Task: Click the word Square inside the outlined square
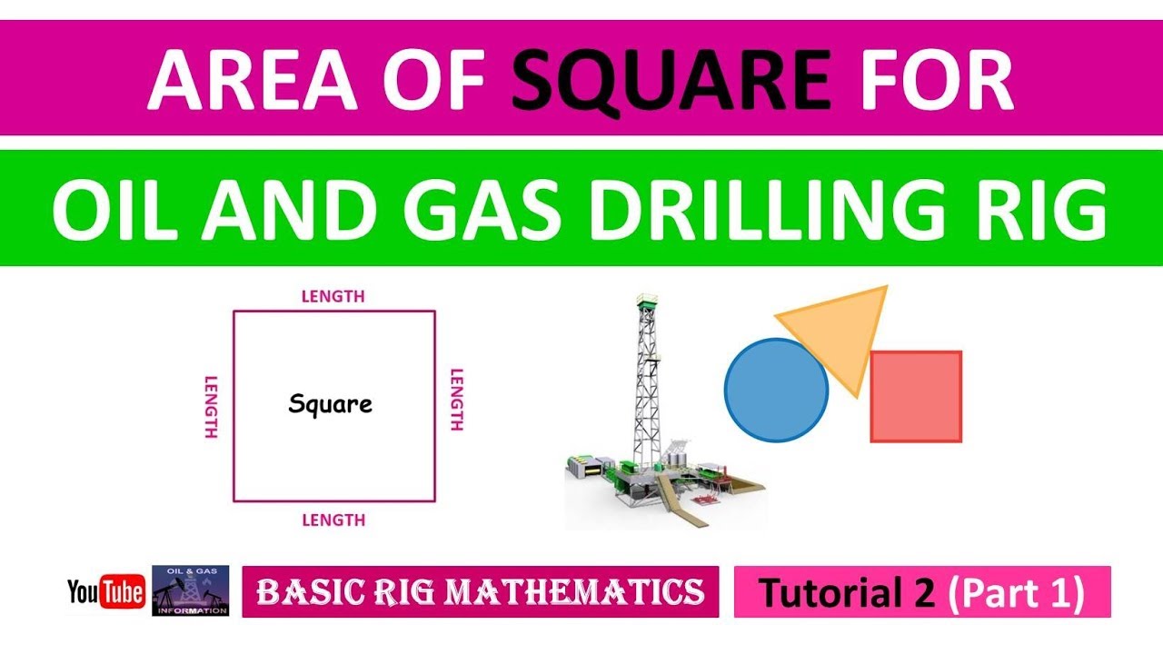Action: [331, 403]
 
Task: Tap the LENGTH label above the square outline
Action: [333, 296]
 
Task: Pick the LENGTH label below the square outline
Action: [333, 520]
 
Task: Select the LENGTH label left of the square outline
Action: [211, 407]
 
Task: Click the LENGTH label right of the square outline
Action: [457, 400]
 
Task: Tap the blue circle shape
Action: [776, 391]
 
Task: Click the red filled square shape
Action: [916, 397]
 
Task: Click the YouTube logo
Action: [106, 592]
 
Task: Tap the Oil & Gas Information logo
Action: [190, 590]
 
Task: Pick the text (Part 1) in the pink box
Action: [1016, 593]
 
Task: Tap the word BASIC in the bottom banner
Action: [303, 592]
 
